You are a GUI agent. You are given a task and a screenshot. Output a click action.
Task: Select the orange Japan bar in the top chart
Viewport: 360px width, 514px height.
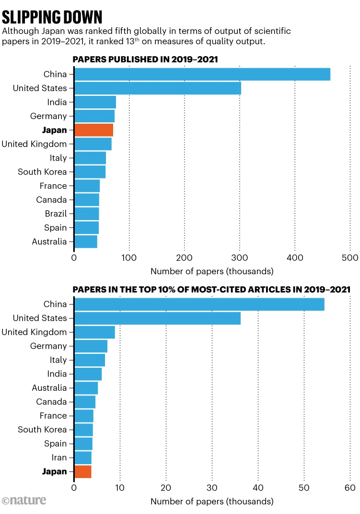point(94,130)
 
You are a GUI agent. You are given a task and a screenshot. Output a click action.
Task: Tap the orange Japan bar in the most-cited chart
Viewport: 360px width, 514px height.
point(83,472)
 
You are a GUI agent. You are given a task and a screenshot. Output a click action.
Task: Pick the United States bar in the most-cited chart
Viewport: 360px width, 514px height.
point(158,318)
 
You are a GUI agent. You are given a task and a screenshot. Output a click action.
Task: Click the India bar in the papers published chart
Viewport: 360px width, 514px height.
point(95,102)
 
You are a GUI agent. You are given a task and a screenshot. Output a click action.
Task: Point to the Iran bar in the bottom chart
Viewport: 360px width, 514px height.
point(83,457)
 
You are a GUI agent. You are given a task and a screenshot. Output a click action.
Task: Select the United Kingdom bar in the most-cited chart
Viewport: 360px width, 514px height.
point(95,332)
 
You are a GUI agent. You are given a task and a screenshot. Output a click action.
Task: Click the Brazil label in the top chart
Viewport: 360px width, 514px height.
point(56,214)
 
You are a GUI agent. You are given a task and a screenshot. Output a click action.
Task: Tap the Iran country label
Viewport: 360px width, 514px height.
point(58,457)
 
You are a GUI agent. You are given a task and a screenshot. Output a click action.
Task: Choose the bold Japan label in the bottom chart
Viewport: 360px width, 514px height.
point(55,472)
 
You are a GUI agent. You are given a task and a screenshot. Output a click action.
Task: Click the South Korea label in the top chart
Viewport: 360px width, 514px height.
point(42,172)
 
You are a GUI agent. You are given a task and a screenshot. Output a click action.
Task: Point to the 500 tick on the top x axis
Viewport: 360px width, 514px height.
point(350,258)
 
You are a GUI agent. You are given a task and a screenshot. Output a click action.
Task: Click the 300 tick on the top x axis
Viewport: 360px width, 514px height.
point(240,258)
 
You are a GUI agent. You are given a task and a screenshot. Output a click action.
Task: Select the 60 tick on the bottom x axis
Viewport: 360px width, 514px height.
point(350,488)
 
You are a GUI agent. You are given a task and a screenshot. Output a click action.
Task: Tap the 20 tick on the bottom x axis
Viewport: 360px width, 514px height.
point(166,488)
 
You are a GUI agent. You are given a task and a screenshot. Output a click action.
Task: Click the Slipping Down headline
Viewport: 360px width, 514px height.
point(52,17)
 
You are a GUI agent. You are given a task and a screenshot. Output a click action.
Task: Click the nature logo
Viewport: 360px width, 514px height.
point(24,500)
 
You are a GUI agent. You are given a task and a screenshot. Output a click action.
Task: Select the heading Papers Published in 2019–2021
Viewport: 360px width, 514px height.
point(145,59)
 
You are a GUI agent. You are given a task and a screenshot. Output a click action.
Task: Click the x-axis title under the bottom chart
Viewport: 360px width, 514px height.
point(212,502)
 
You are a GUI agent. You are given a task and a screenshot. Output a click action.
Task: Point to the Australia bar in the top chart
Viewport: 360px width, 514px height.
point(86,242)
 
